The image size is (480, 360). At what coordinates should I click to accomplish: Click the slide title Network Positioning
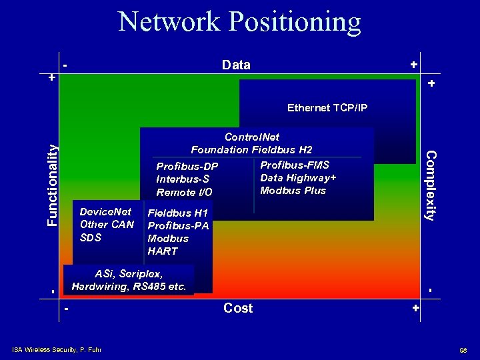click(239, 22)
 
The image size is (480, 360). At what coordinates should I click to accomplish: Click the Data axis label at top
click(236, 65)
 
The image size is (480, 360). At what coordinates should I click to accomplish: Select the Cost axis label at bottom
click(238, 308)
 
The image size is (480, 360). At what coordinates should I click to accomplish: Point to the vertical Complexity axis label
click(431, 185)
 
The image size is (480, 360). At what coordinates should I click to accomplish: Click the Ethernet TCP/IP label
click(327, 108)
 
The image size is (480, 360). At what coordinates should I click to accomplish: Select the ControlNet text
click(253, 137)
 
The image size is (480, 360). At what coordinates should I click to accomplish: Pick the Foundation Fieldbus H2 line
click(251, 149)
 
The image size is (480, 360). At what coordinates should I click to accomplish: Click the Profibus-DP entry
click(187, 166)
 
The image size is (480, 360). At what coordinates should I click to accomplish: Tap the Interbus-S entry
click(183, 179)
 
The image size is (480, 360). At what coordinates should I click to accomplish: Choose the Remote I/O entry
click(185, 192)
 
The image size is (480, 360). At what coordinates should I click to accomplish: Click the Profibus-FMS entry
click(295, 165)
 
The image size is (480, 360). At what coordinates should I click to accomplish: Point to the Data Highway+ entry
click(298, 177)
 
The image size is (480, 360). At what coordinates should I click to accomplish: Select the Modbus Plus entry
click(293, 191)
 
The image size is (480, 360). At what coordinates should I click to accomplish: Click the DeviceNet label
click(105, 211)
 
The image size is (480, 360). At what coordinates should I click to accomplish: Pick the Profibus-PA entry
click(178, 226)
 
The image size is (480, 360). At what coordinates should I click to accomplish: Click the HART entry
click(163, 251)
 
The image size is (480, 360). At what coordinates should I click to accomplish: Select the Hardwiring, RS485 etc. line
click(129, 287)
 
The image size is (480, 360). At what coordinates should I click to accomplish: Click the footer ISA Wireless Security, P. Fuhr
click(57, 349)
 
